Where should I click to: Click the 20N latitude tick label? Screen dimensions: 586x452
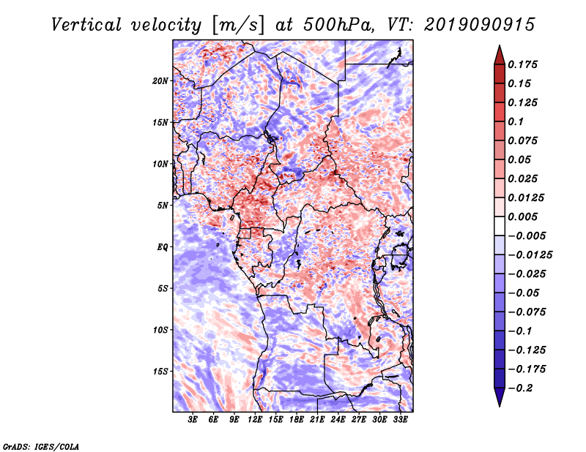160,81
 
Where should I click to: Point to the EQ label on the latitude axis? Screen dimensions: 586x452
162,247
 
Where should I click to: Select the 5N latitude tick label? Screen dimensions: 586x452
163,206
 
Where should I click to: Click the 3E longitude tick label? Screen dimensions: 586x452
193,420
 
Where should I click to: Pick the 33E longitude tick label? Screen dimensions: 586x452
400,420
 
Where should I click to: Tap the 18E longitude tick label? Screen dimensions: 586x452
297,420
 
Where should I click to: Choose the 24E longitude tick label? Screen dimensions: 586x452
338,420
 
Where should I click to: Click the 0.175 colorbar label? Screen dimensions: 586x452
522,64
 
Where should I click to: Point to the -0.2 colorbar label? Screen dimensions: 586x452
520,388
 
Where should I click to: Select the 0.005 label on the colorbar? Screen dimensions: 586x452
522,216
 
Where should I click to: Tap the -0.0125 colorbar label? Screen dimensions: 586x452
530,255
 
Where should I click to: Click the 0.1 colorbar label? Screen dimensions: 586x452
516,121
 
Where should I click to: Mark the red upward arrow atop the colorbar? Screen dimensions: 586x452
500,56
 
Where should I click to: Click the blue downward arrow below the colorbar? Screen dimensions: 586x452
500,397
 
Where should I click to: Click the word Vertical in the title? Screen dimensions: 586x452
86,25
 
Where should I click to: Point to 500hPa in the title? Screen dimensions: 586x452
338,25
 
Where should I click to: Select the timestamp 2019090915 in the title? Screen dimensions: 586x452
480,25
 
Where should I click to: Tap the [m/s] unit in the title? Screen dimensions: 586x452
238,26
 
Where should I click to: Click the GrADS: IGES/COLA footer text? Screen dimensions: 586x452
41,446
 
